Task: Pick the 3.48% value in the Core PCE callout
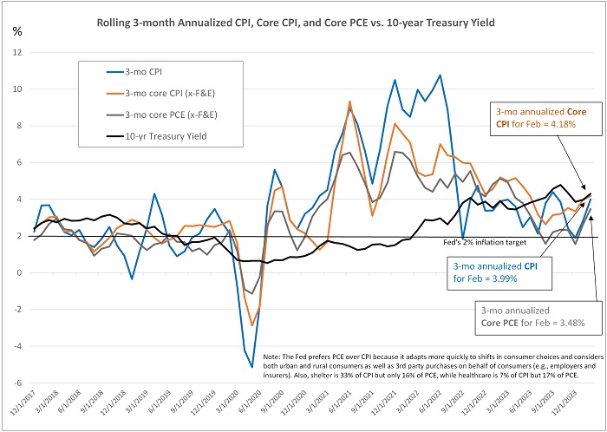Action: pos(566,324)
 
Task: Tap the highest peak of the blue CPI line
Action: pos(440,75)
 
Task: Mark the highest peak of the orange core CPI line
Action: pos(349,101)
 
